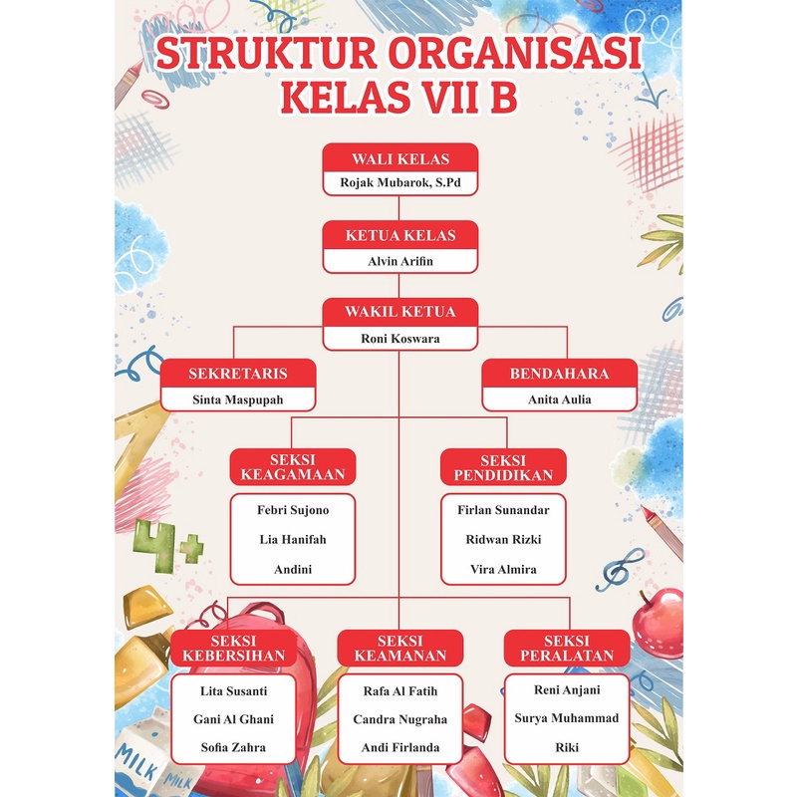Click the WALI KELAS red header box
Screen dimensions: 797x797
[x=399, y=158]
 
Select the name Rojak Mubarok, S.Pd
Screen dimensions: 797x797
[x=399, y=183]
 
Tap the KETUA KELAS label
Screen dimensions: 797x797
[x=399, y=235]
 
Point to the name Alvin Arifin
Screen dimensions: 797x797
[x=399, y=262]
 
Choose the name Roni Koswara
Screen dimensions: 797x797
[x=399, y=338]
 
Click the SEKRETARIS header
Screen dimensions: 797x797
[x=238, y=373]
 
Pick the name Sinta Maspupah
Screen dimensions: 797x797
[x=238, y=399]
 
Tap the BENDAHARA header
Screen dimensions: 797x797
[x=559, y=373]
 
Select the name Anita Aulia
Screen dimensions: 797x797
[x=559, y=399]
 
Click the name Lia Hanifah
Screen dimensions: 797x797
[x=293, y=539]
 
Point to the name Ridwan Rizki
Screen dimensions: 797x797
[x=503, y=539]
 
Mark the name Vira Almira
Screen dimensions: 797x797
[x=503, y=569]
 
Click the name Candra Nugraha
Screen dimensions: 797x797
[x=399, y=718]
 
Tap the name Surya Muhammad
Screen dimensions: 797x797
[x=566, y=717]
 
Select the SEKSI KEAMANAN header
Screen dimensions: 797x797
[x=399, y=648]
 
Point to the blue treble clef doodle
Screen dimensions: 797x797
[x=618, y=573]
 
